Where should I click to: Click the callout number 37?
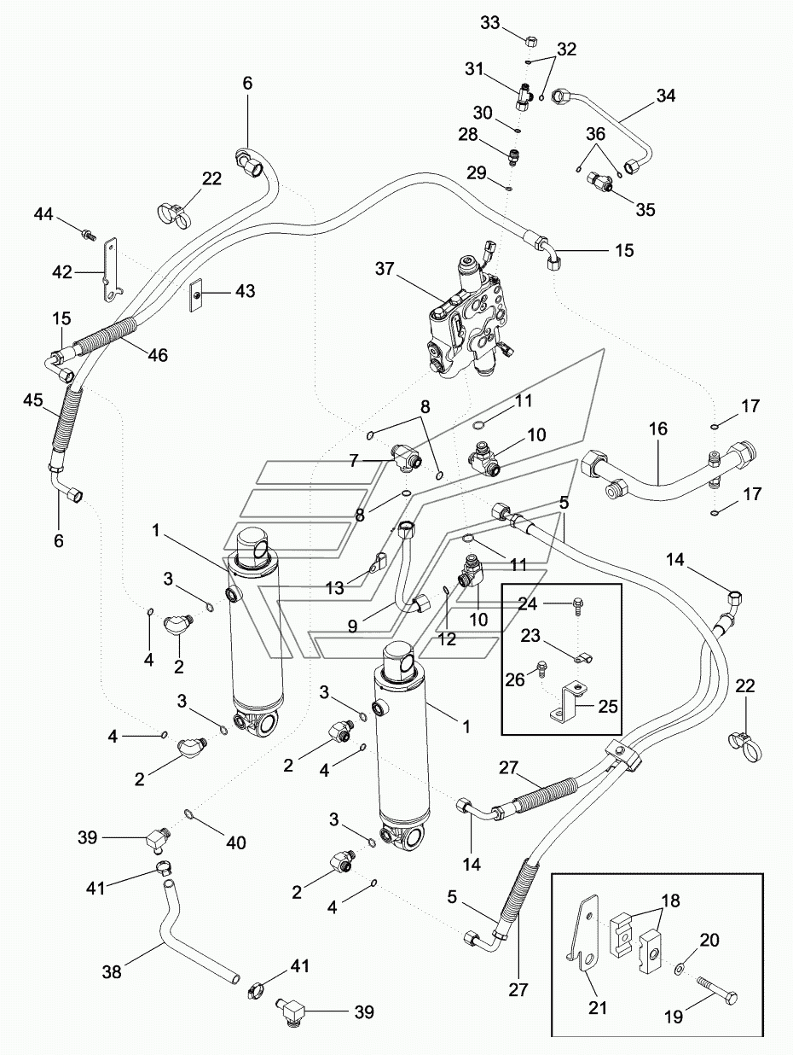(x=385, y=269)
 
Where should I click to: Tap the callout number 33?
(x=490, y=22)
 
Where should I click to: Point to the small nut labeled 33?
(x=531, y=41)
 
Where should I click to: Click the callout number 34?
(x=665, y=96)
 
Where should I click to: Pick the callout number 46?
(x=158, y=355)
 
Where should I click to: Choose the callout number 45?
(x=33, y=399)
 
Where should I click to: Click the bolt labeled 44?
(x=89, y=235)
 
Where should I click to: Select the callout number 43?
(x=245, y=291)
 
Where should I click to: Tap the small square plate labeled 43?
(x=196, y=295)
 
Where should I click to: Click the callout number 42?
(x=62, y=272)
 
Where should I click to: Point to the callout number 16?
(x=658, y=428)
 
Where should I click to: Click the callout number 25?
(x=607, y=707)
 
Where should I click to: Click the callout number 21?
(x=598, y=1008)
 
